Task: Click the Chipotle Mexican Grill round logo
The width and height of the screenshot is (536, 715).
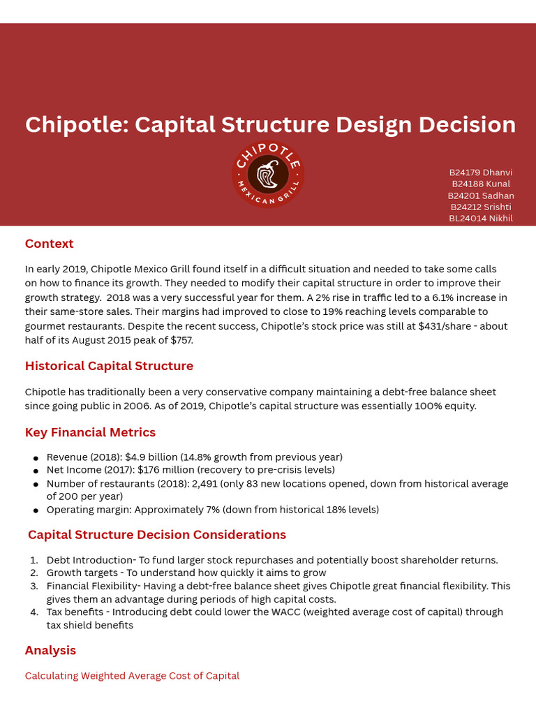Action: tap(268, 175)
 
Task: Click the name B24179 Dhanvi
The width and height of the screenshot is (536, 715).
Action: tap(480, 172)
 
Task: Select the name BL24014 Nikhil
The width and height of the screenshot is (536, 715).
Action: tap(480, 219)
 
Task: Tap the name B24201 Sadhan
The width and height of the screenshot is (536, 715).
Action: tap(480, 196)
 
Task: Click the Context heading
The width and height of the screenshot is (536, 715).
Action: tap(49, 244)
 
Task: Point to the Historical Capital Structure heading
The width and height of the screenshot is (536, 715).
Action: tap(109, 366)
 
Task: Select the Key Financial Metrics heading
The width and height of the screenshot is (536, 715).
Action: tap(90, 432)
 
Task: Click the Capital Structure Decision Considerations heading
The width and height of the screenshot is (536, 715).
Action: tap(157, 535)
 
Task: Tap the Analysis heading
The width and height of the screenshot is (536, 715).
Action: tap(50, 650)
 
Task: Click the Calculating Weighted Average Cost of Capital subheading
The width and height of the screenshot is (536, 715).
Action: tap(132, 676)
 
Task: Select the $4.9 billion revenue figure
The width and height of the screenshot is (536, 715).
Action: tap(151, 457)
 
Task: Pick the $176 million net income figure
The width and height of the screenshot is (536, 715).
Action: tap(167, 470)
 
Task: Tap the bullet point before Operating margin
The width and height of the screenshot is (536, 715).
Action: tap(36, 510)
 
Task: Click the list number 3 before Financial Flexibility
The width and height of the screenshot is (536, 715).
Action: tap(33, 586)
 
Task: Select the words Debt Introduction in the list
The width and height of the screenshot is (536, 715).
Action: tap(90, 560)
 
